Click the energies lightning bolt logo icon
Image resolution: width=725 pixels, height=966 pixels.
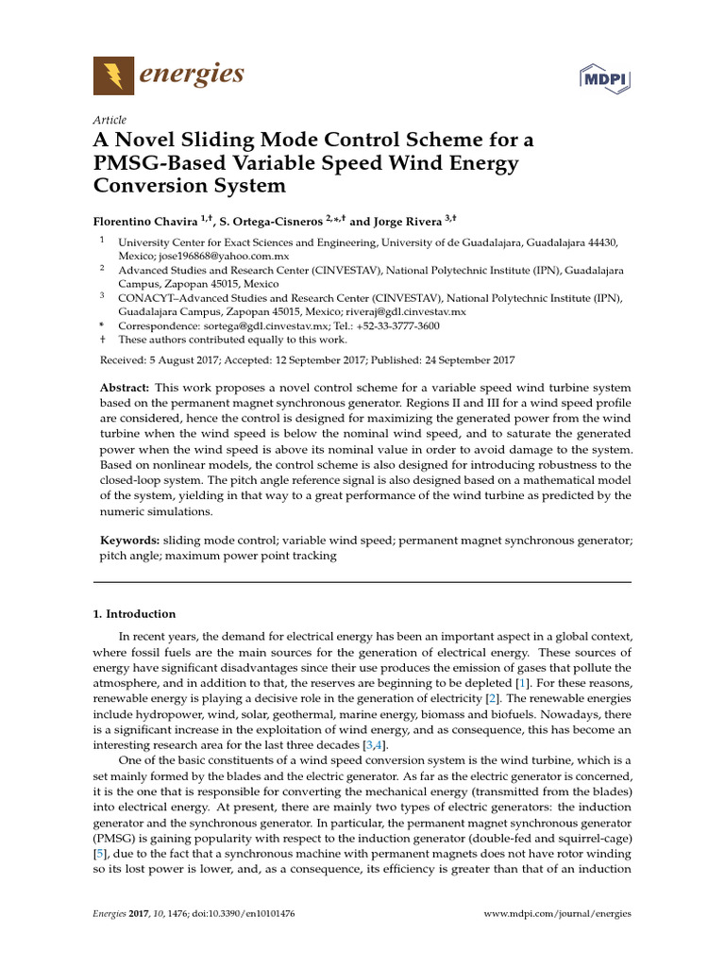(113, 75)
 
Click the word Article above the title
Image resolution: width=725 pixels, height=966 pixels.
(110, 120)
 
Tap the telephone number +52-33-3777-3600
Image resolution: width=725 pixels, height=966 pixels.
(391, 325)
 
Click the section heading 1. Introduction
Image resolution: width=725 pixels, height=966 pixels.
(134, 613)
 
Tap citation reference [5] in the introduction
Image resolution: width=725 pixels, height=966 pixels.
(98, 853)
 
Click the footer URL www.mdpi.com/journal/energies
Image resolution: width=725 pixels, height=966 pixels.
(557, 914)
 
